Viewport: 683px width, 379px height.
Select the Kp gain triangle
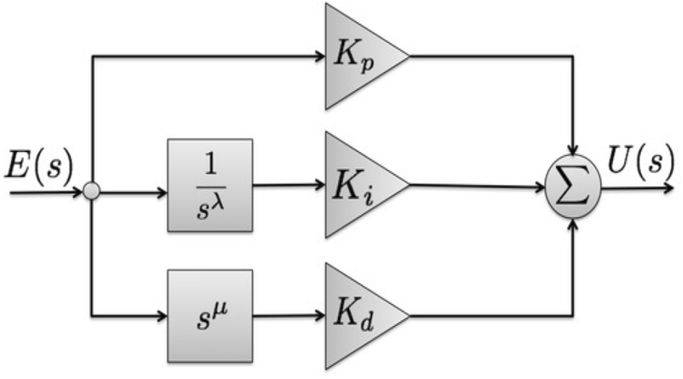(358, 57)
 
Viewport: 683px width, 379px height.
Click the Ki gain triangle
(358, 184)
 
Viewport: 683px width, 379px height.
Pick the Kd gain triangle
(358, 315)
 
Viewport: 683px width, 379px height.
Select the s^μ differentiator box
(210, 315)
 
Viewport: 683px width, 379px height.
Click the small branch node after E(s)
(92, 192)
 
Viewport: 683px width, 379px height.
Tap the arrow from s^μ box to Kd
(289, 315)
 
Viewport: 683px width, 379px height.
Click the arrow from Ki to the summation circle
(479, 186)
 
